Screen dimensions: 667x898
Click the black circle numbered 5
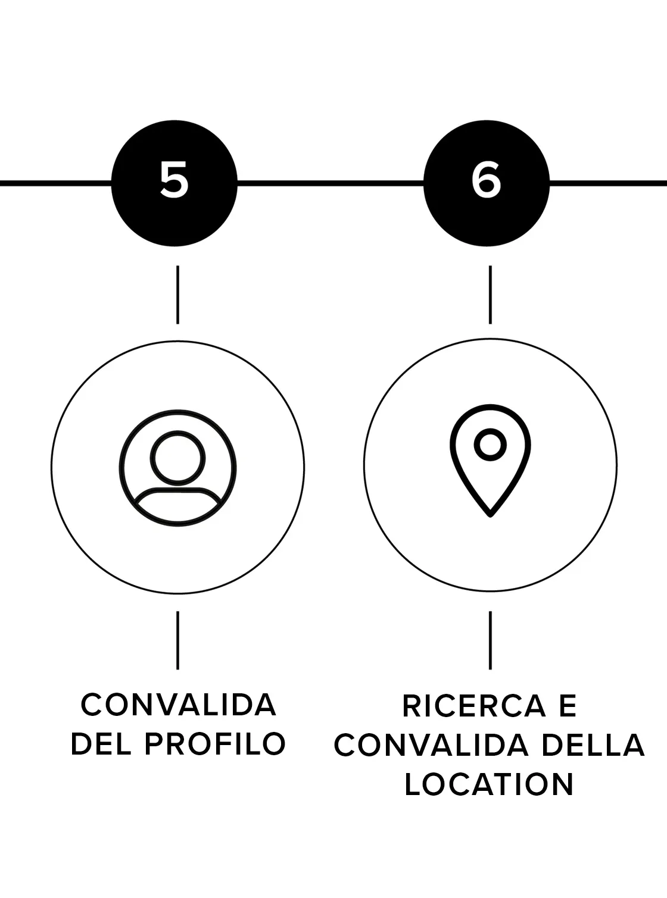(174, 183)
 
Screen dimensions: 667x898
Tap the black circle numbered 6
(487, 183)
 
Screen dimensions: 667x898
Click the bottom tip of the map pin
(490, 516)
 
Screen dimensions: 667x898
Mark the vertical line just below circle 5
(177, 295)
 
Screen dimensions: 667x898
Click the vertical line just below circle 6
(490, 295)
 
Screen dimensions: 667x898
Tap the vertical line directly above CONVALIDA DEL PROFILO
(177, 640)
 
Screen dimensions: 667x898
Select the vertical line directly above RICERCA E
(490, 640)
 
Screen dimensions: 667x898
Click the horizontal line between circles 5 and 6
(331, 183)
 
